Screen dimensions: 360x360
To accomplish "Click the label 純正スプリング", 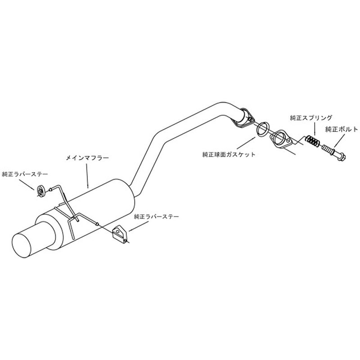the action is tap(311, 118).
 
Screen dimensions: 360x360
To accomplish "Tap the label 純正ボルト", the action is tap(342, 129).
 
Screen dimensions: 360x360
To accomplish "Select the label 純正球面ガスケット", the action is tap(229, 154).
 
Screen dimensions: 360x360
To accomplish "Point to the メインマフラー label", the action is tap(87, 158).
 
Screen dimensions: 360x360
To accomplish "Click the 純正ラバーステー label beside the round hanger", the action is tap(25, 174).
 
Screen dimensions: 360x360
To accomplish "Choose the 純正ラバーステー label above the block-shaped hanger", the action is tap(156, 216).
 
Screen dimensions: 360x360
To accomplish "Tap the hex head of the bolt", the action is tap(342, 157).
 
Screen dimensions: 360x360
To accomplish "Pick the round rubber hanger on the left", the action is tap(40, 190).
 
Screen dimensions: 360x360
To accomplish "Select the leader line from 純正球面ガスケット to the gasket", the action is tap(246, 143).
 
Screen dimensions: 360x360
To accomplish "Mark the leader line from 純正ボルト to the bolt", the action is tap(340, 140).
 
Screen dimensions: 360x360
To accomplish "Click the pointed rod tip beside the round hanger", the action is tap(50, 189).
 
